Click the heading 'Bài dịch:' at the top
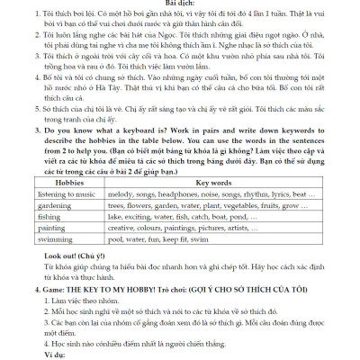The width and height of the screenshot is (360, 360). tap(179, 4)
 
